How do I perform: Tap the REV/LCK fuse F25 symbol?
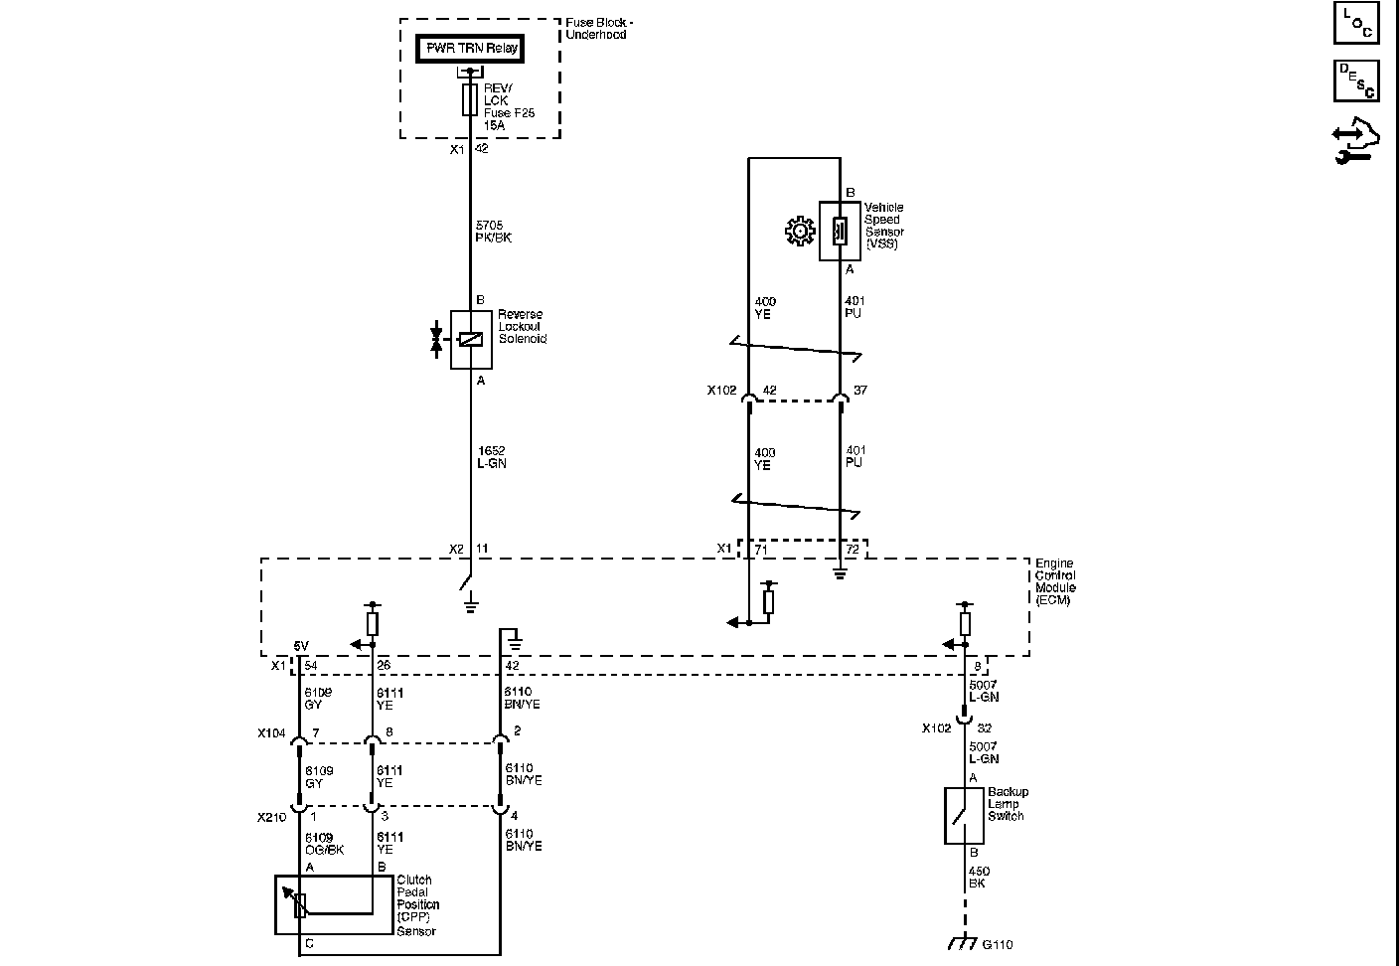tap(470, 100)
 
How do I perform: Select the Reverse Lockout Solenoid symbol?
tap(471, 339)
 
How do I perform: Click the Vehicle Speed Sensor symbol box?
tap(840, 231)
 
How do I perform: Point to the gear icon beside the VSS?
tap(798, 232)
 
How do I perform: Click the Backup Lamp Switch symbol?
tap(963, 816)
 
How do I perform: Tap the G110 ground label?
tap(997, 944)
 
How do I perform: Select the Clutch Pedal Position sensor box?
tap(334, 904)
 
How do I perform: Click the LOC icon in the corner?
tap(1356, 22)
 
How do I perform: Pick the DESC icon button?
tap(1356, 80)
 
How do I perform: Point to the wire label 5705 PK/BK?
tap(493, 232)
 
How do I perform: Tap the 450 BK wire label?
tap(979, 878)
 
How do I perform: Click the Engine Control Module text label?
tap(1055, 581)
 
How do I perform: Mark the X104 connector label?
tap(271, 733)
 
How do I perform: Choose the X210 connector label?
tap(271, 817)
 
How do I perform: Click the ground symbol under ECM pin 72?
tap(840, 572)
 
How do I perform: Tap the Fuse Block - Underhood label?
tap(599, 29)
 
